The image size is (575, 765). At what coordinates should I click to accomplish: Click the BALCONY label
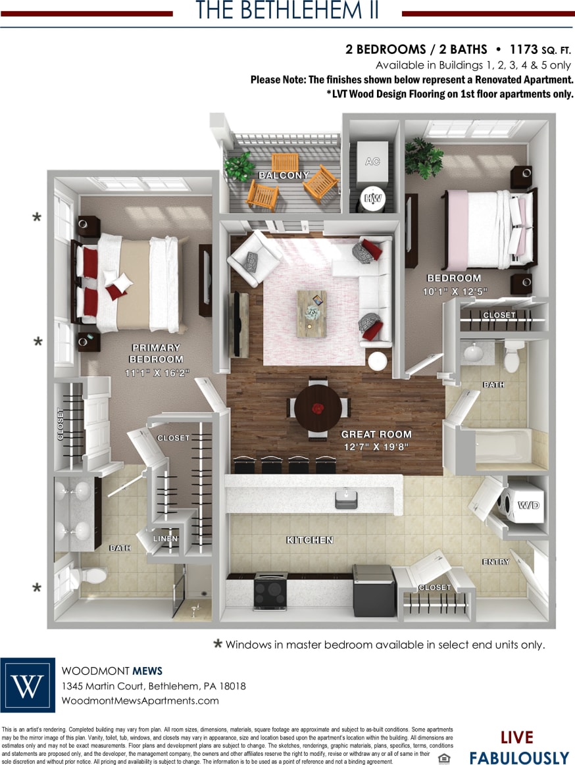point(284,176)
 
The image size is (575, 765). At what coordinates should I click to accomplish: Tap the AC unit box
point(372,162)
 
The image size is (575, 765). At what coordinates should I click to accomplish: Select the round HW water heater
point(373,198)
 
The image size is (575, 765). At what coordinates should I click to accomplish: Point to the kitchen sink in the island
point(346,498)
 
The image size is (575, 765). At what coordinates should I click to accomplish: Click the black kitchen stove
point(270,590)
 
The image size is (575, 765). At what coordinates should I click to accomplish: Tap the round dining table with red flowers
point(318,408)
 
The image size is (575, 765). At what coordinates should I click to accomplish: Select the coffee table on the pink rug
point(311,314)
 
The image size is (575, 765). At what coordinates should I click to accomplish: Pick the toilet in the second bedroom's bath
point(512,357)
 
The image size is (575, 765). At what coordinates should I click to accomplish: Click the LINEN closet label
point(166,539)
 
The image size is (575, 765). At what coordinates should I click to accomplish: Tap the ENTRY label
point(495,562)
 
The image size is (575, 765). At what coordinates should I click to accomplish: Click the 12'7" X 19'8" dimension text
point(376,447)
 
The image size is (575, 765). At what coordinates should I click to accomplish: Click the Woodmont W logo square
point(28,685)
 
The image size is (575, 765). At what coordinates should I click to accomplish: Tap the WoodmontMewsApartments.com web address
point(140,701)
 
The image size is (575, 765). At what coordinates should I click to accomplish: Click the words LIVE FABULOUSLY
point(517,748)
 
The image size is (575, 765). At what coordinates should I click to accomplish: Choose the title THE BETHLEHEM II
point(287,11)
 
